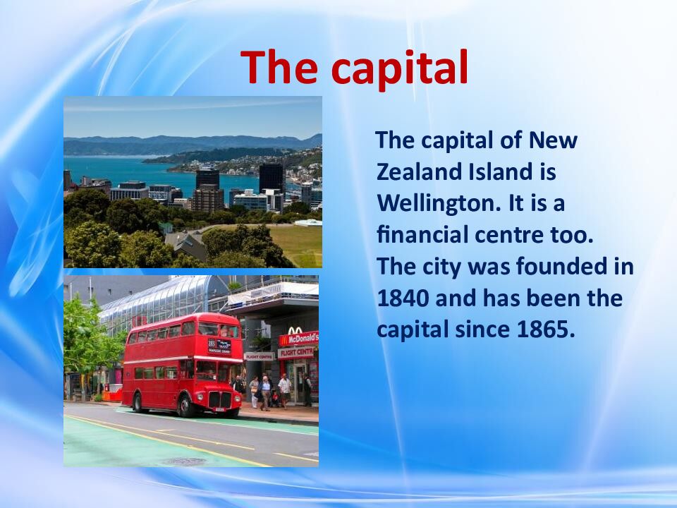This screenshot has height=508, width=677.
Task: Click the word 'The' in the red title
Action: [281, 67]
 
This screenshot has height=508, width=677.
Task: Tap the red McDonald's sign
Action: [298, 339]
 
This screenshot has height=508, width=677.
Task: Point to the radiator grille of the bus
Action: [219, 399]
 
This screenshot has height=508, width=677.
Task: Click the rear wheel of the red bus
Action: [137, 402]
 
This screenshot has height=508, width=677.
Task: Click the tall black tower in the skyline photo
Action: [271, 178]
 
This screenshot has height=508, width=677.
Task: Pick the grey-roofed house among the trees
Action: [185, 243]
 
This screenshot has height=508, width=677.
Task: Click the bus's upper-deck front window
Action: [218, 329]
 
